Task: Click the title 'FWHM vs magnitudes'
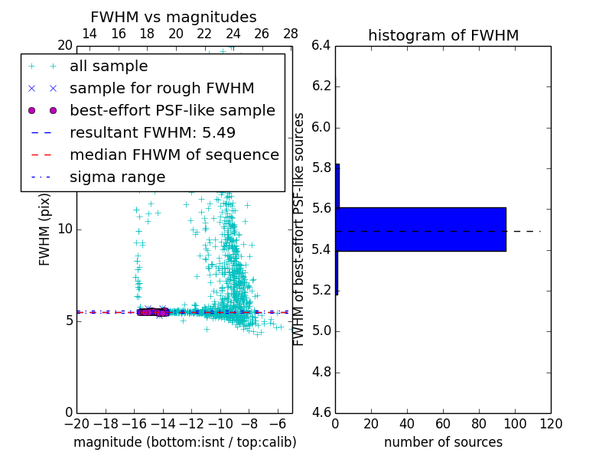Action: point(174,17)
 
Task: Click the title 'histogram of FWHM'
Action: point(443,35)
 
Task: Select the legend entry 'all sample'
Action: point(109,67)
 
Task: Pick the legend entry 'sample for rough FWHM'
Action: point(162,88)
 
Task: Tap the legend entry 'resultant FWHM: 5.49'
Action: point(152,132)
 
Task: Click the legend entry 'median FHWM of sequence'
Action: point(174,155)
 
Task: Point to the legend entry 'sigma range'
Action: point(117,177)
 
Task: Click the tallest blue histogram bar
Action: point(421,229)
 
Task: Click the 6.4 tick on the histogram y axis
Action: point(321,45)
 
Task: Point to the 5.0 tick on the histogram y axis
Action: point(321,331)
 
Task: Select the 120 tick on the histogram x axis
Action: point(551,423)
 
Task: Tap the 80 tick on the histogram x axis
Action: point(479,423)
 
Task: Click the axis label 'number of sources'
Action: point(443,442)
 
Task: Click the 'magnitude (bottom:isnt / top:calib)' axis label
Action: point(184,442)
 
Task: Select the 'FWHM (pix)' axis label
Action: point(45,229)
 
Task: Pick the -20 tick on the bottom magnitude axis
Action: point(76,423)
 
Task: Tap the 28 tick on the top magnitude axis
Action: point(291,34)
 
